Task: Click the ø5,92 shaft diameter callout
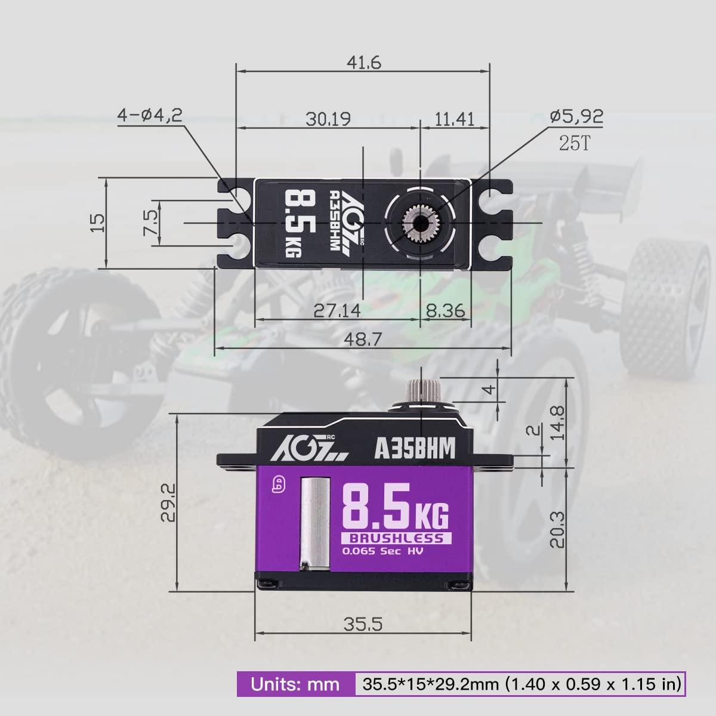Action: (576, 116)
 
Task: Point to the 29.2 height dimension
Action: (168, 503)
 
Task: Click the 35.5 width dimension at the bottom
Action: (362, 624)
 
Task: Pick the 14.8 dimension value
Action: (556, 422)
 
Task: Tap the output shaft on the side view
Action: (421, 391)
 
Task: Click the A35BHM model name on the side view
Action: (415, 448)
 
